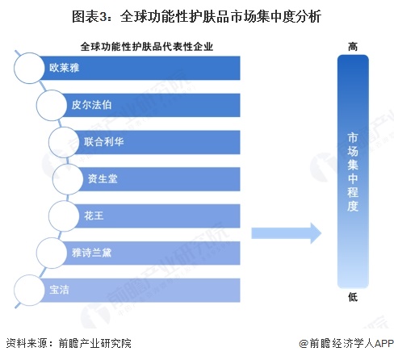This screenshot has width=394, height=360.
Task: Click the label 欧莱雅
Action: [x=64, y=68]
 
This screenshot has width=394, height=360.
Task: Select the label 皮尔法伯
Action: [x=91, y=105]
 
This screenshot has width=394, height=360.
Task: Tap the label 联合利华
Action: [x=103, y=142]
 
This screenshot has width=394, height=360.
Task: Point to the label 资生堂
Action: [x=103, y=178]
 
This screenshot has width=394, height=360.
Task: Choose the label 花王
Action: [x=94, y=216]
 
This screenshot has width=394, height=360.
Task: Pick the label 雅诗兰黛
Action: [x=91, y=253]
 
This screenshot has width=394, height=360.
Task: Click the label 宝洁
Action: [x=59, y=290]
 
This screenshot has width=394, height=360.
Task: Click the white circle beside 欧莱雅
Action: [x=29, y=68]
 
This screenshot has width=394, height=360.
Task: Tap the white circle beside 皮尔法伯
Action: [x=52, y=105]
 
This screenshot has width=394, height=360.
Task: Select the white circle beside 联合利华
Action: [x=64, y=142]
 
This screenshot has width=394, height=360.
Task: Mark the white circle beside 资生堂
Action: [x=68, y=179]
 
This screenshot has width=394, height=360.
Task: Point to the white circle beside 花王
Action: [x=64, y=216]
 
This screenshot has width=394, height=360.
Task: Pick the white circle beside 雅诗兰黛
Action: [x=52, y=253]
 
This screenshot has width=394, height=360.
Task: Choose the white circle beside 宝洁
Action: [x=29, y=290]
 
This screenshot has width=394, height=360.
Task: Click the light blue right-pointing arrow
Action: [x=287, y=233]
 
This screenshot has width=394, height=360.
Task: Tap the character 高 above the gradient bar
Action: [x=353, y=47]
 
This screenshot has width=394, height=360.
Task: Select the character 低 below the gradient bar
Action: [x=353, y=297]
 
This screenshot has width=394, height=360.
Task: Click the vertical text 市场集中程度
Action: [x=353, y=172]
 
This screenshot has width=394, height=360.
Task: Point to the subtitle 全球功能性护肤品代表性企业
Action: [x=147, y=47]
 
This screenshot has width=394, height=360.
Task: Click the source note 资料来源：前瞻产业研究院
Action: [x=69, y=343]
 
